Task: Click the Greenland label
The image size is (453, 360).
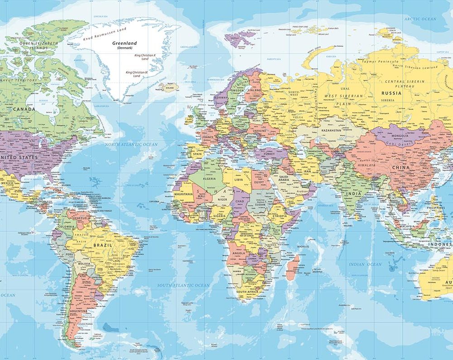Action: (x=125, y=43)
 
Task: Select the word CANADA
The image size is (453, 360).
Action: (x=24, y=109)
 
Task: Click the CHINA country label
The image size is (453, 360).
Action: (x=400, y=168)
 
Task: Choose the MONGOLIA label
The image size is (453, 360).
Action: (x=399, y=135)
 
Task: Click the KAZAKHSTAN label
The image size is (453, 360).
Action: (x=331, y=130)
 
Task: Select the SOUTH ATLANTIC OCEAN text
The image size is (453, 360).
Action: (x=183, y=285)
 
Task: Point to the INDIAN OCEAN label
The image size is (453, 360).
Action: (x=365, y=264)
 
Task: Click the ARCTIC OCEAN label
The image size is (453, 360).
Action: (x=421, y=19)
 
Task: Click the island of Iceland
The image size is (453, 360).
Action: (x=169, y=87)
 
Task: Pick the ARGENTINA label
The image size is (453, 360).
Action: (x=78, y=312)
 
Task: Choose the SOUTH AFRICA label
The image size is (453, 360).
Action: (x=247, y=292)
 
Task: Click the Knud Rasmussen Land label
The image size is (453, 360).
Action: (x=104, y=33)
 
